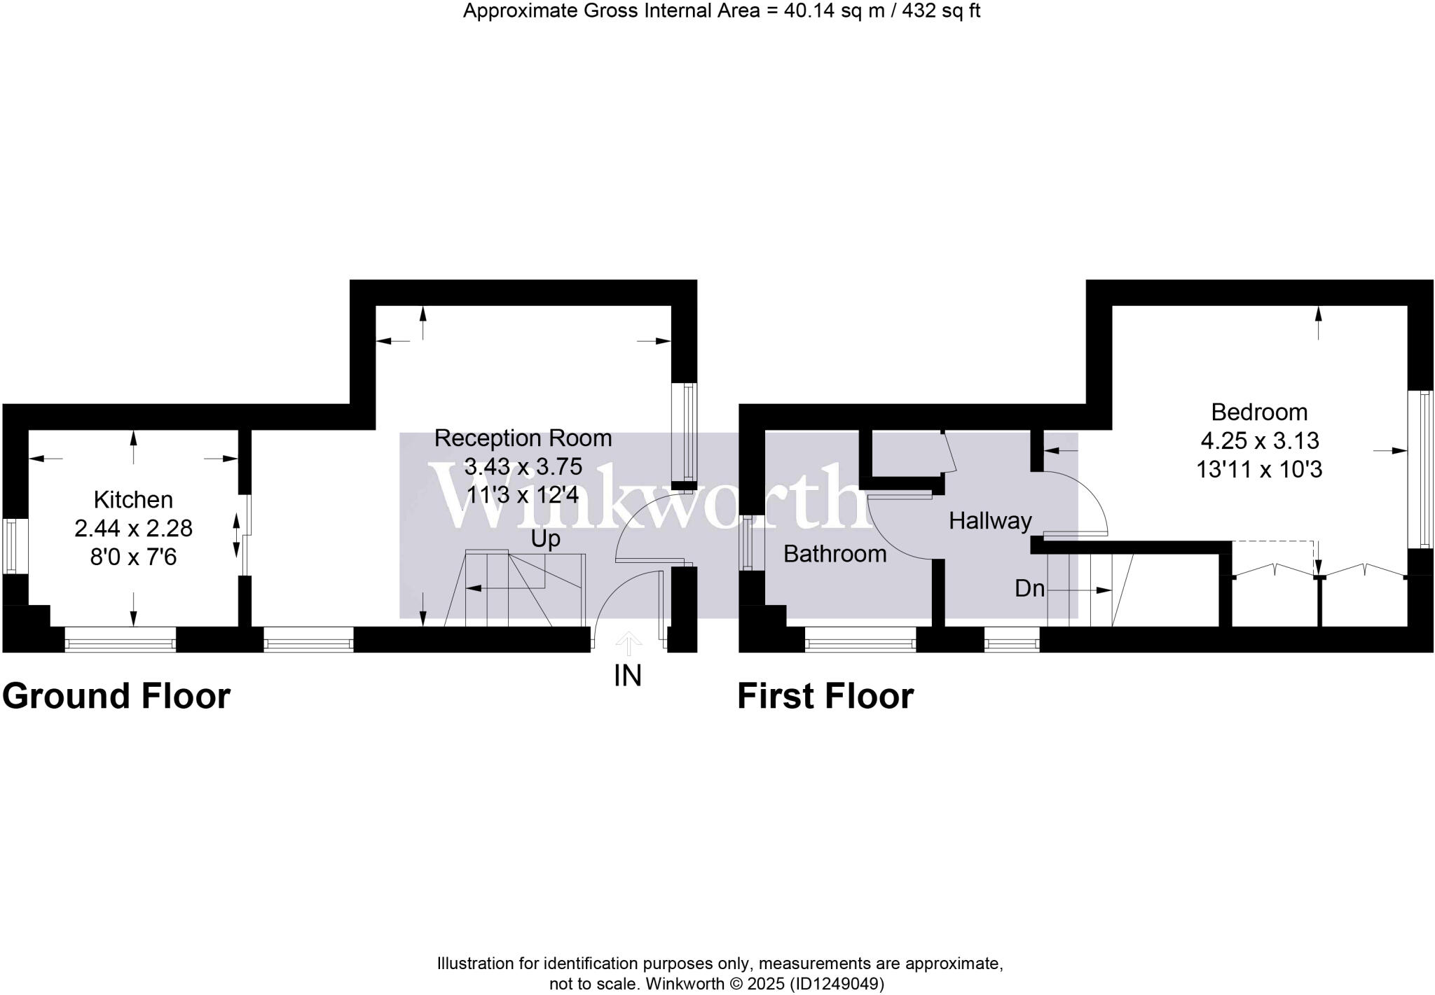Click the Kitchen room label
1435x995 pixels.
pos(133,500)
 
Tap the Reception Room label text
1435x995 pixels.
pos(523,438)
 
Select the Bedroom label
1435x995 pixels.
pos(1259,412)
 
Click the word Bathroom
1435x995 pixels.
pos(835,554)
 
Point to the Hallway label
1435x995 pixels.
pos(990,521)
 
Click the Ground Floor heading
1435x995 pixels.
pos(116,696)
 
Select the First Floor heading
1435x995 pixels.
pos(825,696)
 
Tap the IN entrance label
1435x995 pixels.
pos(628,676)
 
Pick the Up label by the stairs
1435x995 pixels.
pos(545,539)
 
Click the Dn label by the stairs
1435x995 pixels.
pos(1029,589)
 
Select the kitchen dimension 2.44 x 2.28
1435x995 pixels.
pos(133,529)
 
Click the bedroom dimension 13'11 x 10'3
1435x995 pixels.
pos(1259,469)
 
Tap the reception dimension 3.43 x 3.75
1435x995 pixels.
pos(523,467)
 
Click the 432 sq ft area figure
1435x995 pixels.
pos(941,11)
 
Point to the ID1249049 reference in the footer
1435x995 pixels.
pos(837,984)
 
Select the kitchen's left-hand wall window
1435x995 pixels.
pos(11,545)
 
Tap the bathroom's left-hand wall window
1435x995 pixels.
pos(748,543)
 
